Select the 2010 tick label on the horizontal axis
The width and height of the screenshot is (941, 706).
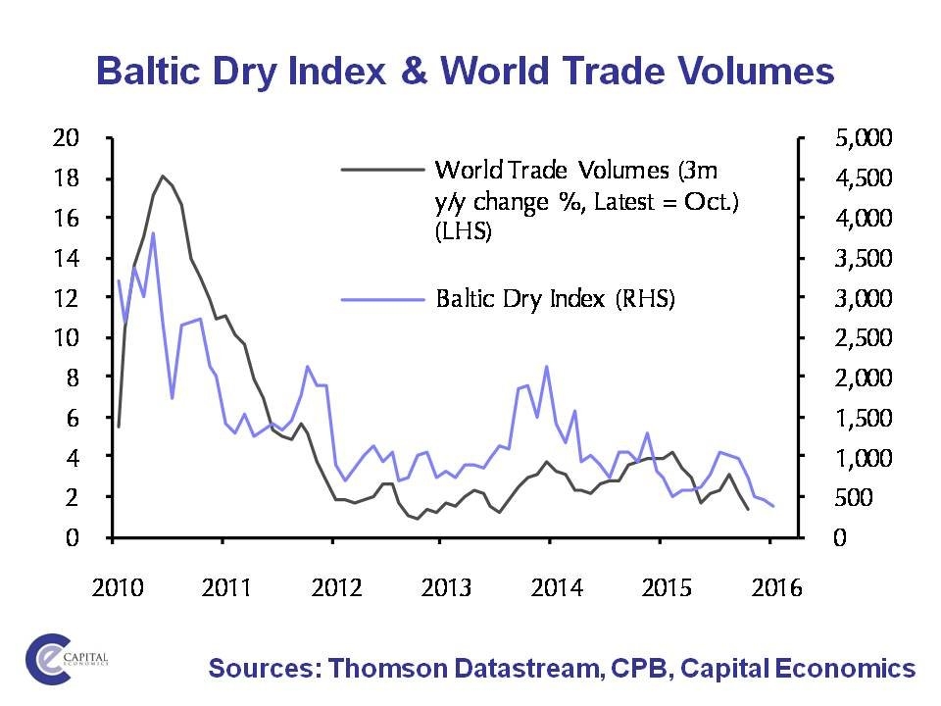(x=119, y=588)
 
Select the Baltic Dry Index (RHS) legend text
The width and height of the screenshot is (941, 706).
(x=555, y=298)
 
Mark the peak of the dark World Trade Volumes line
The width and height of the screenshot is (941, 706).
(x=162, y=176)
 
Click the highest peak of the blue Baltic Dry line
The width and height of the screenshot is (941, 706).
(x=153, y=233)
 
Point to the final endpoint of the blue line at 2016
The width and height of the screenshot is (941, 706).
(x=773, y=506)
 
